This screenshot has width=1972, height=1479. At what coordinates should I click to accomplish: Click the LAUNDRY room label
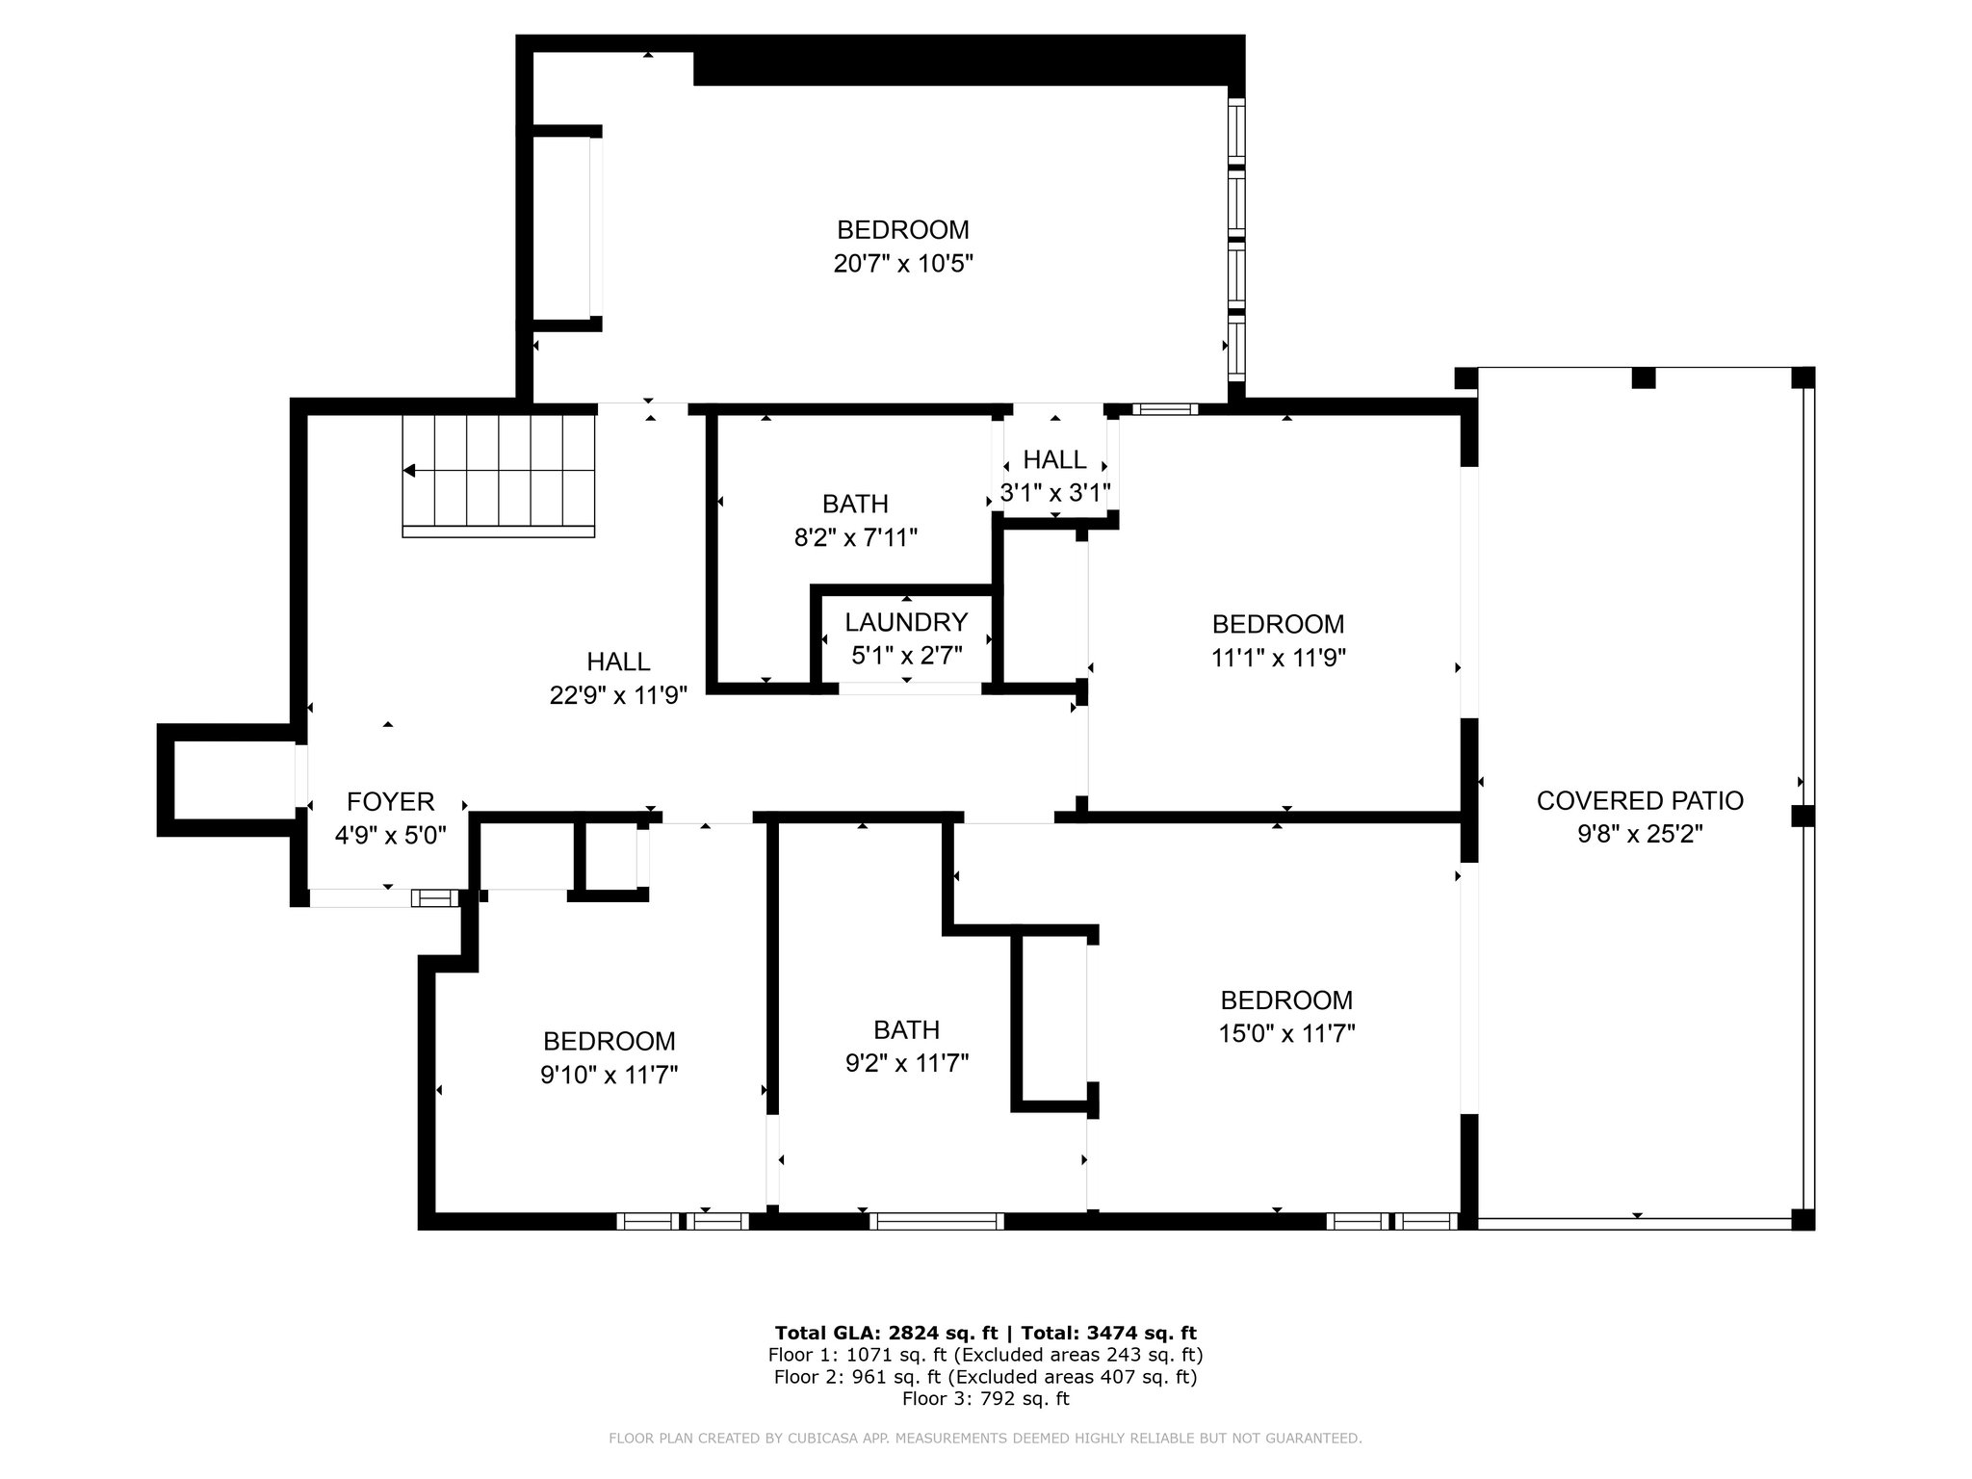click(906, 622)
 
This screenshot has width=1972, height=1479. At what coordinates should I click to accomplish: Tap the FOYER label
click(390, 801)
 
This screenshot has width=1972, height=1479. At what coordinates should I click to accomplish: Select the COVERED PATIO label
click(1640, 800)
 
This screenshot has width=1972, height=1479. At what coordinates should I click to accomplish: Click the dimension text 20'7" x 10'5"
click(903, 264)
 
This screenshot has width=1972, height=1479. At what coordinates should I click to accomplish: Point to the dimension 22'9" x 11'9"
click(618, 695)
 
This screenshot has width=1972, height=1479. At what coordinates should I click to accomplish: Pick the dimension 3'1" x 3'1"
click(1055, 493)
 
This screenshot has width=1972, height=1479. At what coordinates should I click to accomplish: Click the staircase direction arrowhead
click(409, 471)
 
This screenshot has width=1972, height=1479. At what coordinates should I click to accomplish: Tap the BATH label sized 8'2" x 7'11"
click(855, 504)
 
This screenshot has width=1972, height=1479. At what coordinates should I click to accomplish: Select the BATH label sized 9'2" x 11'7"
click(906, 1030)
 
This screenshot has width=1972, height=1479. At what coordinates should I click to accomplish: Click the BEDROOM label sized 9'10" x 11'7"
click(609, 1041)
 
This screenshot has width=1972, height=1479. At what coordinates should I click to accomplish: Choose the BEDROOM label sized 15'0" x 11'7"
click(1286, 999)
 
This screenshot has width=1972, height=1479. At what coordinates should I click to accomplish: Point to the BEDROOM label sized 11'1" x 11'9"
click(1278, 624)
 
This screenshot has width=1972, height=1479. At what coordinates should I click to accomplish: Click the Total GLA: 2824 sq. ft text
click(886, 1334)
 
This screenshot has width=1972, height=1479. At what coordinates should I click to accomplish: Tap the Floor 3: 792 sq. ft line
click(985, 1398)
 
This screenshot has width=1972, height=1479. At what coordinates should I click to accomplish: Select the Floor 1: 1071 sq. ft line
click(985, 1355)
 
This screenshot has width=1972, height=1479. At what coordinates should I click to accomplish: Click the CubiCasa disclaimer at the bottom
click(985, 1439)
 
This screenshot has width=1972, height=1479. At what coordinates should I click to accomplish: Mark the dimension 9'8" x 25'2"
click(1640, 834)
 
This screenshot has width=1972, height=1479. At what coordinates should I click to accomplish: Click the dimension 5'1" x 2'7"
click(906, 656)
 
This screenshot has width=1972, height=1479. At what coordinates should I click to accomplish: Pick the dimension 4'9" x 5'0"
click(390, 835)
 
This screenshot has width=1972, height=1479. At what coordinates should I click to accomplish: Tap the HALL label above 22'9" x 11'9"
click(618, 662)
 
